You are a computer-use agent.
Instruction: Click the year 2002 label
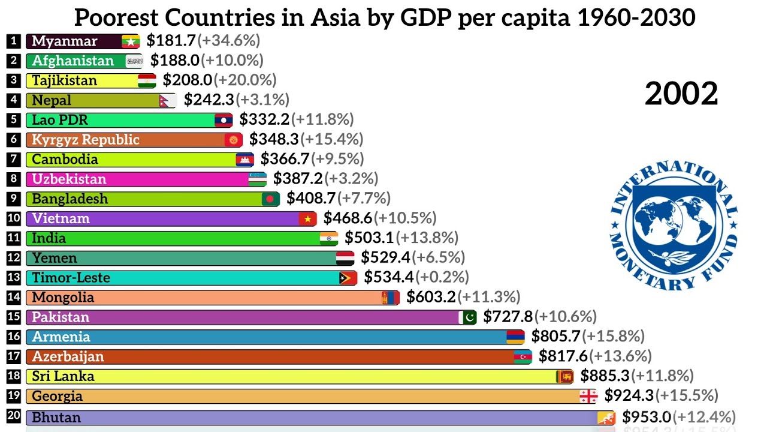(681, 94)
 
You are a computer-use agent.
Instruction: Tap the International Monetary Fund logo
(674, 225)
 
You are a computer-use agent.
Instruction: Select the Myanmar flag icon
(131, 41)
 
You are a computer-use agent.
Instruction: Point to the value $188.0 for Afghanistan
(174, 61)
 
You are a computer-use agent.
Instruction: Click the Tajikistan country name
(64, 80)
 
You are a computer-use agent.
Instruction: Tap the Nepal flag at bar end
(168, 100)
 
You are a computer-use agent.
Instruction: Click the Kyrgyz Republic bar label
(85, 140)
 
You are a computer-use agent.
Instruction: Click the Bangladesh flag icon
(271, 199)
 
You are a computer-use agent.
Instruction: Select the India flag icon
(328, 238)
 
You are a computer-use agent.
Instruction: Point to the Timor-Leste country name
(71, 278)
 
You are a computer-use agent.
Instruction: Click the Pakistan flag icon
(468, 317)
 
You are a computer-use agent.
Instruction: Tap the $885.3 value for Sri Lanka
(605, 376)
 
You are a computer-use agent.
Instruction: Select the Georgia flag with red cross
(588, 396)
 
